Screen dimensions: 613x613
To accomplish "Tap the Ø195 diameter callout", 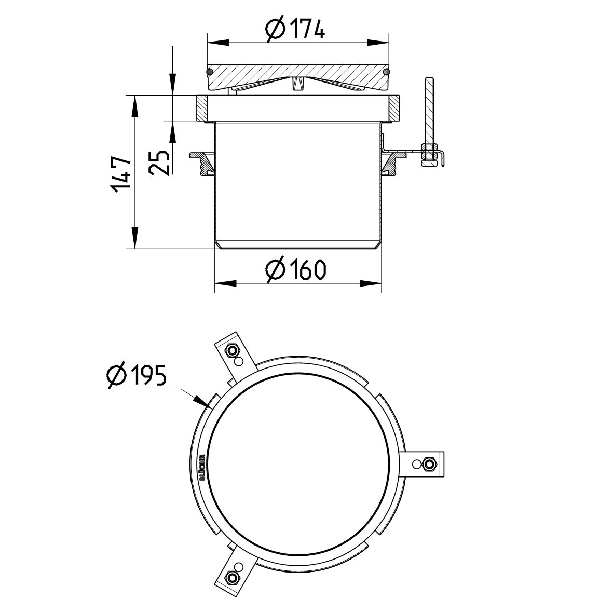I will (136, 375).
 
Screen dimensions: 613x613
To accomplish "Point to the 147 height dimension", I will (120, 173).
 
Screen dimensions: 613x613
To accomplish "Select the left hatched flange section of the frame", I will (202, 108).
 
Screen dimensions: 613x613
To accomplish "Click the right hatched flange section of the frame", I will (393, 108).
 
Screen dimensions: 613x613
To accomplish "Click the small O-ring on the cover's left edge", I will (209, 71).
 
